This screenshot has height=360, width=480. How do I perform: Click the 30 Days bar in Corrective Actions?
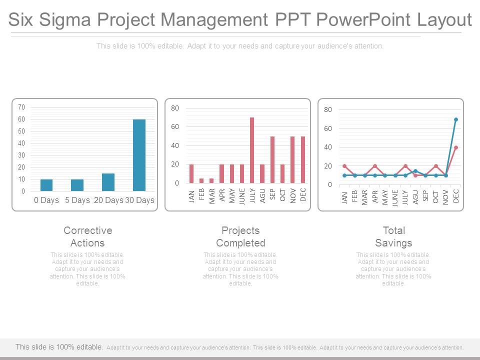tap(139, 155)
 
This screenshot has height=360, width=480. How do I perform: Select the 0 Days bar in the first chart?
tap(46, 185)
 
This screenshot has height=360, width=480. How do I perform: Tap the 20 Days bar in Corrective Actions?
tap(108, 182)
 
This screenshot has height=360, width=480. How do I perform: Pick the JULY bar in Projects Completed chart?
tap(252, 150)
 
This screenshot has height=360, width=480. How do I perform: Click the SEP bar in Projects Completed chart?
tap(272, 159)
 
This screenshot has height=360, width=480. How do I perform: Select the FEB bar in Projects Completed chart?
tap(201, 180)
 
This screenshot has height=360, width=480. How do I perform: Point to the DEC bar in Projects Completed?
tap(303, 159)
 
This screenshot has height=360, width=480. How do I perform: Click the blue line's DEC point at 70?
tap(456, 119)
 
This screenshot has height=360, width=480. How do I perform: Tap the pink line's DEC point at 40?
tap(456, 147)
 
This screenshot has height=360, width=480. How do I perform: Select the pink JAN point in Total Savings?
tap(344, 166)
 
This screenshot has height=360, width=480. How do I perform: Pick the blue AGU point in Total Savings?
tap(415, 171)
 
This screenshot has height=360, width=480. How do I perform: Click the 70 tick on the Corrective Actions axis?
tap(21, 107)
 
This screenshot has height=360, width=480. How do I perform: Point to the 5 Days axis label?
tap(77, 200)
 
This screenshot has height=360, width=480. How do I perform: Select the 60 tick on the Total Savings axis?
tap(327, 128)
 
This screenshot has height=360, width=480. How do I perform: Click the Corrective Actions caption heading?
tap(87, 236)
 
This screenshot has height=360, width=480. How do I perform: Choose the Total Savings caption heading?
tap(393, 236)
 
